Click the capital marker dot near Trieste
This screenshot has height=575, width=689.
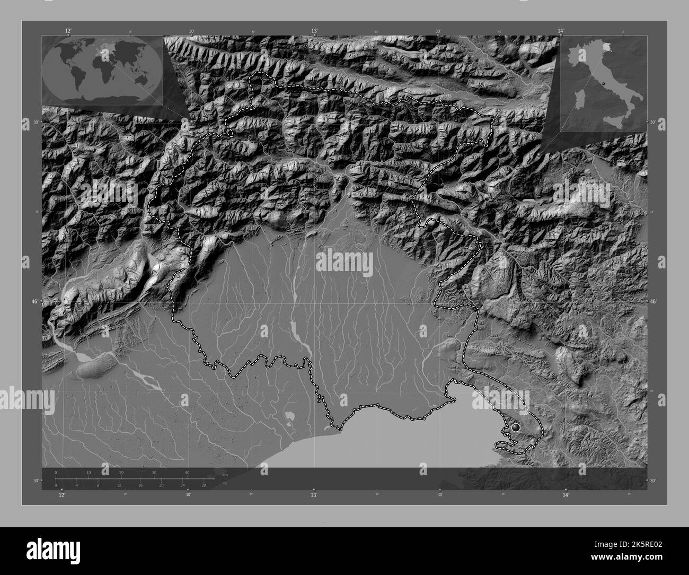click(515, 427)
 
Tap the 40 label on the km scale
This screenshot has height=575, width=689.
click(187, 473)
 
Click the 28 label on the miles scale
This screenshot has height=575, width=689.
click(203, 485)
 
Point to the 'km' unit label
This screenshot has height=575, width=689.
click(225, 475)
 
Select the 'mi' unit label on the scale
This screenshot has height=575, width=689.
click(225, 483)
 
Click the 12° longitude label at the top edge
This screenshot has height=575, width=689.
click(68, 31)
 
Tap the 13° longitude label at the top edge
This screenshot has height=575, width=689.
click(314, 31)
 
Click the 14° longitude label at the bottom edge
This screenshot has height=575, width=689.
click(566, 494)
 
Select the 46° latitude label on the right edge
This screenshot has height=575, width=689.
click(652, 301)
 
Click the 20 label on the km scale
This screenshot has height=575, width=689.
click(121, 473)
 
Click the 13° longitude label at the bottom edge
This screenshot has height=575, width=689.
click(314, 494)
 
